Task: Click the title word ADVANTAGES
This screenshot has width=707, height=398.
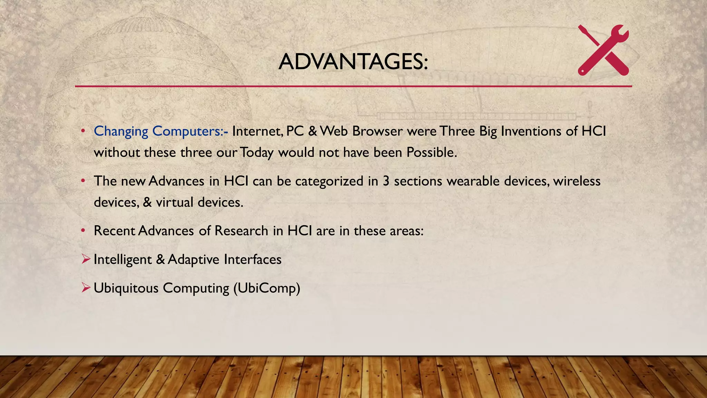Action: coord(353,62)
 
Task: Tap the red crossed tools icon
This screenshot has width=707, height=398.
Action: coord(603,50)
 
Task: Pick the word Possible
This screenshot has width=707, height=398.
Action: coord(431,152)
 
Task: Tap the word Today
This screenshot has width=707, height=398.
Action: coord(257,153)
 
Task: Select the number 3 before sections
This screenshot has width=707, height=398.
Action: coord(386,181)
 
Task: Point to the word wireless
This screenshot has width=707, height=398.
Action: coord(577,181)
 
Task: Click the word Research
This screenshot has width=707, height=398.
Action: coord(241,231)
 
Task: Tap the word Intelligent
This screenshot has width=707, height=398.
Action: coord(123,260)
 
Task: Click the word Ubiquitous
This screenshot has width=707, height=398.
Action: coord(126,288)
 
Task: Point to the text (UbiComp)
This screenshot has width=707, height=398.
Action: coord(267,288)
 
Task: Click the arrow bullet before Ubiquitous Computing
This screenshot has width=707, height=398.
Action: coord(86,287)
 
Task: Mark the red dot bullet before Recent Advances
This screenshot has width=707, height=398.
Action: coord(83,230)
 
